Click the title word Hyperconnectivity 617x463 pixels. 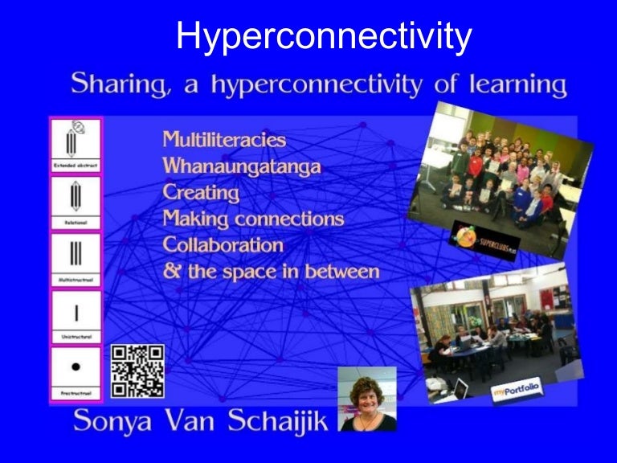[323, 36]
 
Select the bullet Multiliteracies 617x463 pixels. [224, 139]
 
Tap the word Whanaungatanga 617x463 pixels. [242, 166]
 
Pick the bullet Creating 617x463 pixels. [201, 192]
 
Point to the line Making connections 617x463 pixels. [253, 218]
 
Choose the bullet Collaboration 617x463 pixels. [223, 244]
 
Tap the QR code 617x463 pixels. [137, 371]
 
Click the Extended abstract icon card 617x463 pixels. [76, 145]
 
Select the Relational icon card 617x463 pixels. [76, 202]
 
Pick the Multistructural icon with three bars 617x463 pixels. [76, 258]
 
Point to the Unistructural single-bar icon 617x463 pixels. [76, 315]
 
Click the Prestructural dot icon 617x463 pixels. [76, 372]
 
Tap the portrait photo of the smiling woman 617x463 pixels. [367, 399]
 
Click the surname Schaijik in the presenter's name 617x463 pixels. [277, 420]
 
